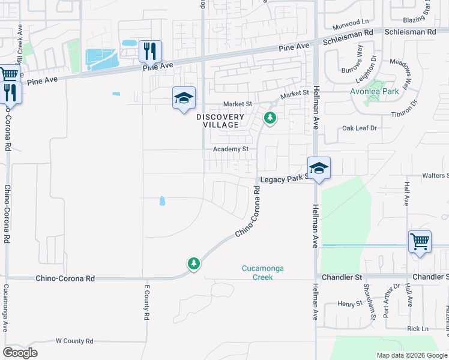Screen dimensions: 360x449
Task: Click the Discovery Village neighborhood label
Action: (x=221, y=121)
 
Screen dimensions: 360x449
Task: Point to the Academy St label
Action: (x=231, y=149)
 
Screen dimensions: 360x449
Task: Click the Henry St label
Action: (x=347, y=304)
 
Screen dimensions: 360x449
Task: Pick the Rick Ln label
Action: (x=417, y=329)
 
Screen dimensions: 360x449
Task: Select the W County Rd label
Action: (x=74, y=341)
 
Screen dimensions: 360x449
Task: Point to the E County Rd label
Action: (x=146, y=302)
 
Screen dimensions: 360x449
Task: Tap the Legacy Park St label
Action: (x=283, y=179)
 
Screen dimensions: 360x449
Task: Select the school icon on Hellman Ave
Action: (x=319, y=168)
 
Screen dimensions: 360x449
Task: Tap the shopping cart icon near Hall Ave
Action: (x=420, y=242)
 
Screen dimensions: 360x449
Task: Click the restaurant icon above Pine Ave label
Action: (x=150, y=51)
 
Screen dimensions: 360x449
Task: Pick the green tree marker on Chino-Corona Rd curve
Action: (x=193, y=263)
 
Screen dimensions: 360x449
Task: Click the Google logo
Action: (x=20, y=353)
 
